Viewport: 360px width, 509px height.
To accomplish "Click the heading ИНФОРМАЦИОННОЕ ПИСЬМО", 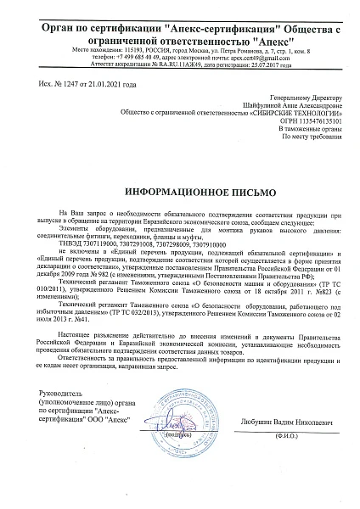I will tap(180, 193).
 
